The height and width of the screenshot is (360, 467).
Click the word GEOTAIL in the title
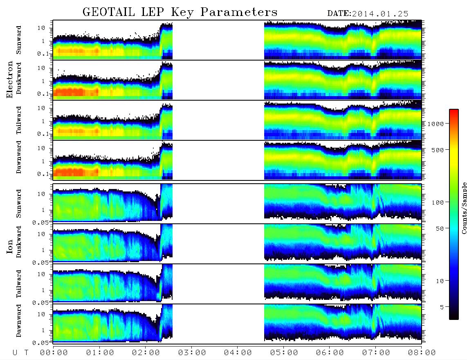[x=109, y=12]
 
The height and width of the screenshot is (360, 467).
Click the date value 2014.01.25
[x=380, y=14]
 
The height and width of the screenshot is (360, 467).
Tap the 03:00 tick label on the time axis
[x=192, y=353]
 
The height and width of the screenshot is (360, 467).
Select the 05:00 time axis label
[x=284, y=353]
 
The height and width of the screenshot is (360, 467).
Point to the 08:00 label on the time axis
[x=422, y=353]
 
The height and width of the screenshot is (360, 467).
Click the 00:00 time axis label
[x=54, y=353]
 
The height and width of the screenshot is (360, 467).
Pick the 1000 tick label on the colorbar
[x=436, y=124]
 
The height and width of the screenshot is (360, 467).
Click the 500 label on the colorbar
[x=438, y=150]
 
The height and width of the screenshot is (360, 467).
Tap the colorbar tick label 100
[x=438, y=202]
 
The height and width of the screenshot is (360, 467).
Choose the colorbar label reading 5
[x=442, y=307]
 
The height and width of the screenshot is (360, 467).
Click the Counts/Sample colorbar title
[x=464, y=208]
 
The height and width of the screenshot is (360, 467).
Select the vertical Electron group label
[x=10, y=80]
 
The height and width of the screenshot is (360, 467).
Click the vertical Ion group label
[x=10, y=246]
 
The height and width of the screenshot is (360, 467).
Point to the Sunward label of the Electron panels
[x=19, y=40]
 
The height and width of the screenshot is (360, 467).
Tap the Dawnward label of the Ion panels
[x=19, y=320]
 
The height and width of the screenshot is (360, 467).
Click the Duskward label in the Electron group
[x=19, y=78]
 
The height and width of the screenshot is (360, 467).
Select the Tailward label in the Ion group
[x=19, y=283]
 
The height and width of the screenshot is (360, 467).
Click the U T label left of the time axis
[x=20, y=353]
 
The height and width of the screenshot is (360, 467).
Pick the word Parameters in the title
[x=239, y=12]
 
